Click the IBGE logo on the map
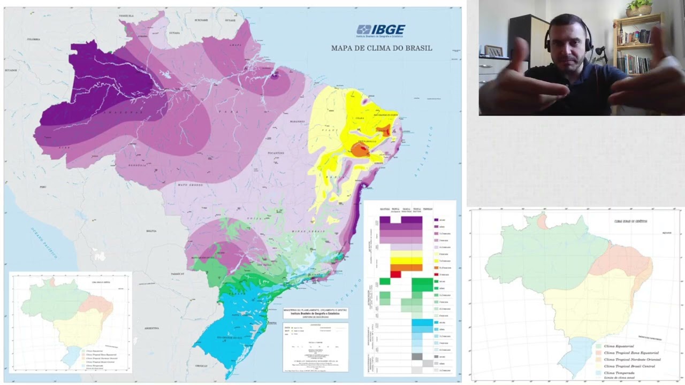(381, 30)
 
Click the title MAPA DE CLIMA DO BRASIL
(382, 48)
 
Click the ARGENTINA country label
(152, 328)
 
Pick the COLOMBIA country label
(34, 40)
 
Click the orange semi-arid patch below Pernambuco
(360, 150)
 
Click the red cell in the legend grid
(395, 274)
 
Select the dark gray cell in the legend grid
(417, 356)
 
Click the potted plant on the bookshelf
(639, 7)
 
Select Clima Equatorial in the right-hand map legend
(619, 346)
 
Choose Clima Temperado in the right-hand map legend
(619, 373)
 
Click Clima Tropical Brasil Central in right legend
(631, 366)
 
